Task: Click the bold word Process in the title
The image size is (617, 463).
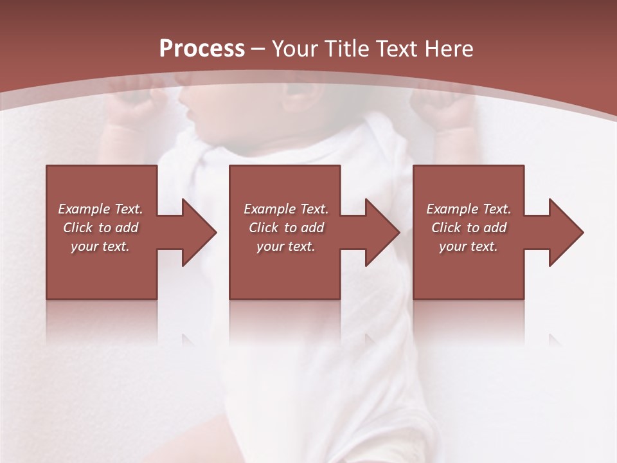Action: [202, 48]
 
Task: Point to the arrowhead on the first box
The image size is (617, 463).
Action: [196, 232]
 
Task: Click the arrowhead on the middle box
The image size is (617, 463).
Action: [379, 232]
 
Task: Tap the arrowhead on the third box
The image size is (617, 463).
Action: [563, 232]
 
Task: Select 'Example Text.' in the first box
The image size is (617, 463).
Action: [100, 209]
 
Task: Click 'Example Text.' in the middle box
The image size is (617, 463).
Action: [286, 209]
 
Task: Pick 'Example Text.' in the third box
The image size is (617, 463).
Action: [469, 209]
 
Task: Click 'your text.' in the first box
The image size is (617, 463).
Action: [100, 246]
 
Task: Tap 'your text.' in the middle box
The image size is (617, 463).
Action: [286, 246]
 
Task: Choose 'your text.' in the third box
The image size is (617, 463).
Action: [469, 246]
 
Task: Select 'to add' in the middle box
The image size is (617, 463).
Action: [304, 228]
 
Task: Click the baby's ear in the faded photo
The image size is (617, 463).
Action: [302, 96]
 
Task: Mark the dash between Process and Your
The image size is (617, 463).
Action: [258, 49]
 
